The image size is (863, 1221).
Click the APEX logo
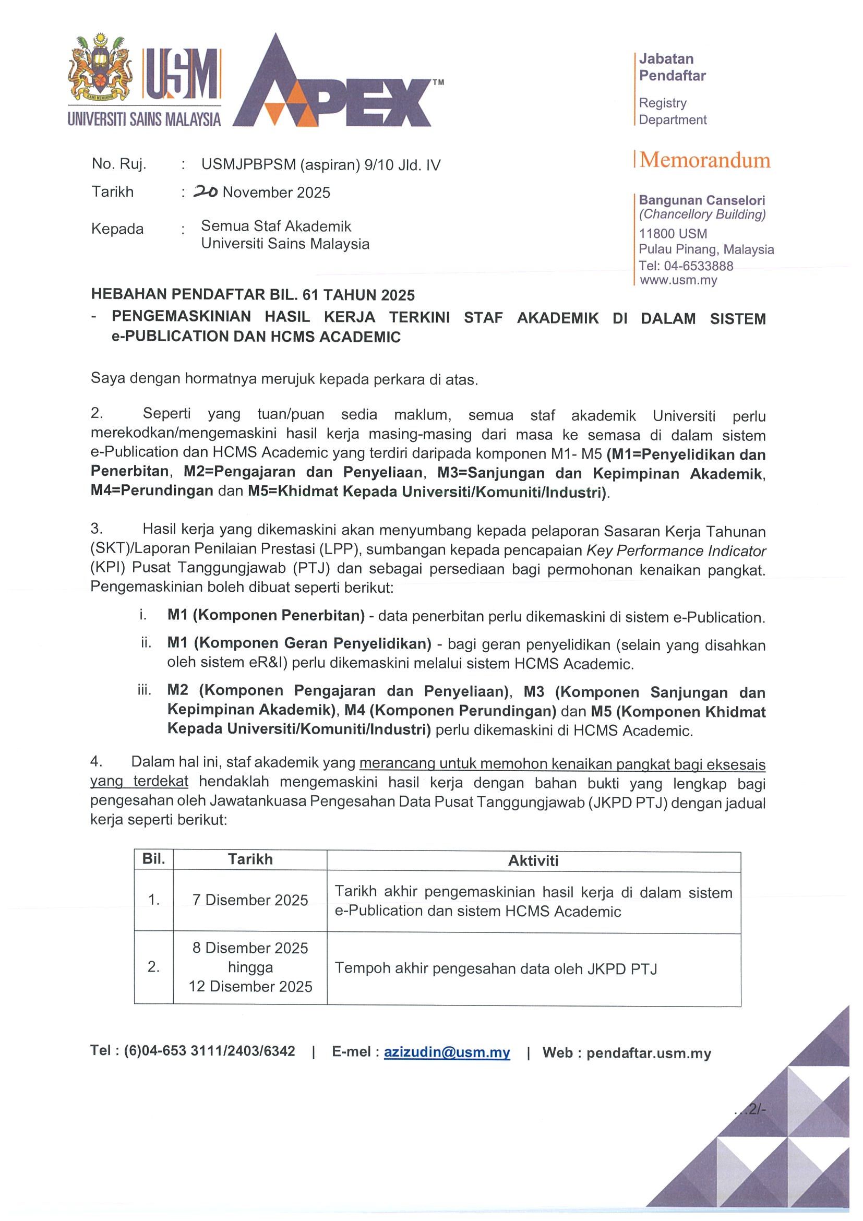tap(332, 85)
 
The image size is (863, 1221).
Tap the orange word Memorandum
tap(704, 160)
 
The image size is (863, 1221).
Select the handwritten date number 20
tap(205, 192)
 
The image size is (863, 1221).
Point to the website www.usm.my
tap(678, 280)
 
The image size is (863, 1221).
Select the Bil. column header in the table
tap(154, 859)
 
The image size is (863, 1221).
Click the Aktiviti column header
tap(533, 860)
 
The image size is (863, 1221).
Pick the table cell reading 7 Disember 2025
tap(250, 900)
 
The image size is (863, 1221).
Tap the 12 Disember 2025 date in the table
tap(250, 987)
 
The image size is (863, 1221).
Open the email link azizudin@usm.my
tap(447, 1052)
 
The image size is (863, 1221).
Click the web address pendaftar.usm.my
tap(649, 1054)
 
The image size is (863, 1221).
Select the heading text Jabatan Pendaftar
tap(672, 67)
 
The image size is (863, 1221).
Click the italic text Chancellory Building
tap(702, 214)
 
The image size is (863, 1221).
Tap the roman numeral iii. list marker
tap(145, 690)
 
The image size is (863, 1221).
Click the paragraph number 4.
tap(95, 761)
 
